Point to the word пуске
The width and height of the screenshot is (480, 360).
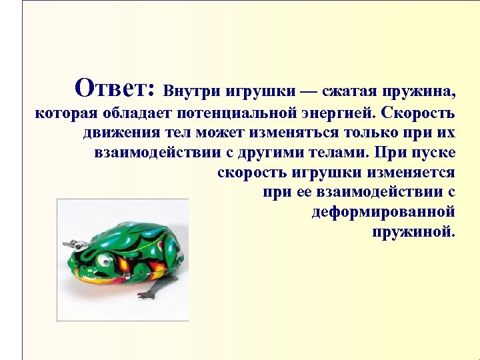coord(434,153)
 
